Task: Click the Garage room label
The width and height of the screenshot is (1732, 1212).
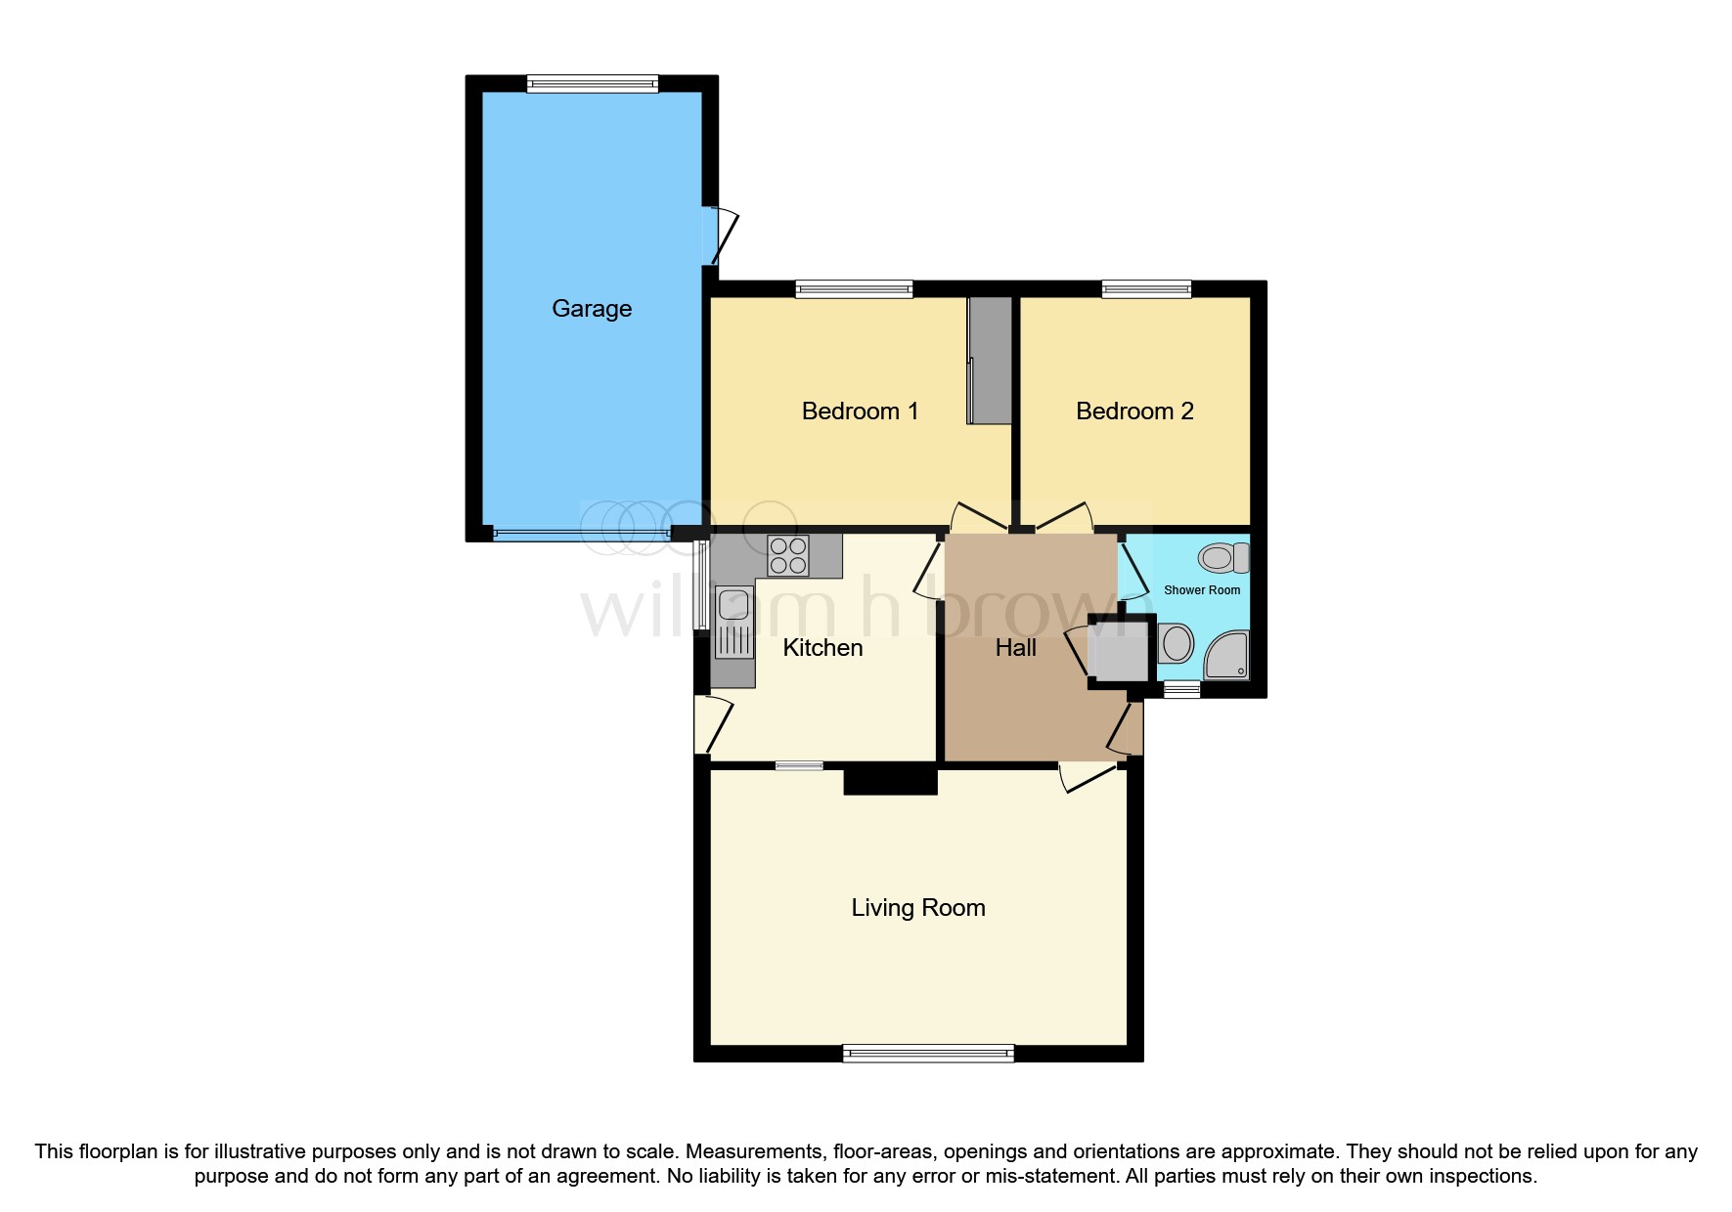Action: [591, 309]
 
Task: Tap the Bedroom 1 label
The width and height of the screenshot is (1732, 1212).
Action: [859, 411]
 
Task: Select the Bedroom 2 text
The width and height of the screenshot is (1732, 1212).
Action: [1133, 411]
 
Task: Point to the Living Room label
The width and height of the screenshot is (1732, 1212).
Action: [917, 908]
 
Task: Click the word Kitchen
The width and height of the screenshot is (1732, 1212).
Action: [822, 648]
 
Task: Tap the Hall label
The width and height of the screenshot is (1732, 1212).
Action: [1015, 648]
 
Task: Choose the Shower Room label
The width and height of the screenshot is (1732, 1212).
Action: [1201, 590]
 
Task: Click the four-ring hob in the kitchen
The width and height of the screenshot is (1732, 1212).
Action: [788, 556]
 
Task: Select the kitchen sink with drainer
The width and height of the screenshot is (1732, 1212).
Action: [733, 622]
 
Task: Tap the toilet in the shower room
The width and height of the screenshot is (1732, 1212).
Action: [1222, 558]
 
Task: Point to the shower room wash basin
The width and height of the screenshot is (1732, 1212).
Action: [1177, 645]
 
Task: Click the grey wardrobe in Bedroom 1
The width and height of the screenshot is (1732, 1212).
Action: [990, 361]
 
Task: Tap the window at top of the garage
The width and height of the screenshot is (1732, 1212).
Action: [592, 84]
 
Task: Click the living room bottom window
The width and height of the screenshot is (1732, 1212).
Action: [927, 1053]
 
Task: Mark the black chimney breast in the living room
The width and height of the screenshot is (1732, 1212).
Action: [890, 781]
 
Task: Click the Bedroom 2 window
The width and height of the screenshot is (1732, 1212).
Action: [1145, 288]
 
